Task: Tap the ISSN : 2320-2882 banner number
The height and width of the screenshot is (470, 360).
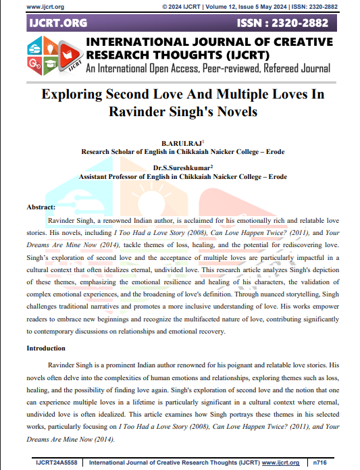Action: tap(284, 23)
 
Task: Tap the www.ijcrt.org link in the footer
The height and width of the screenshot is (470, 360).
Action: tap(280, 463)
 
